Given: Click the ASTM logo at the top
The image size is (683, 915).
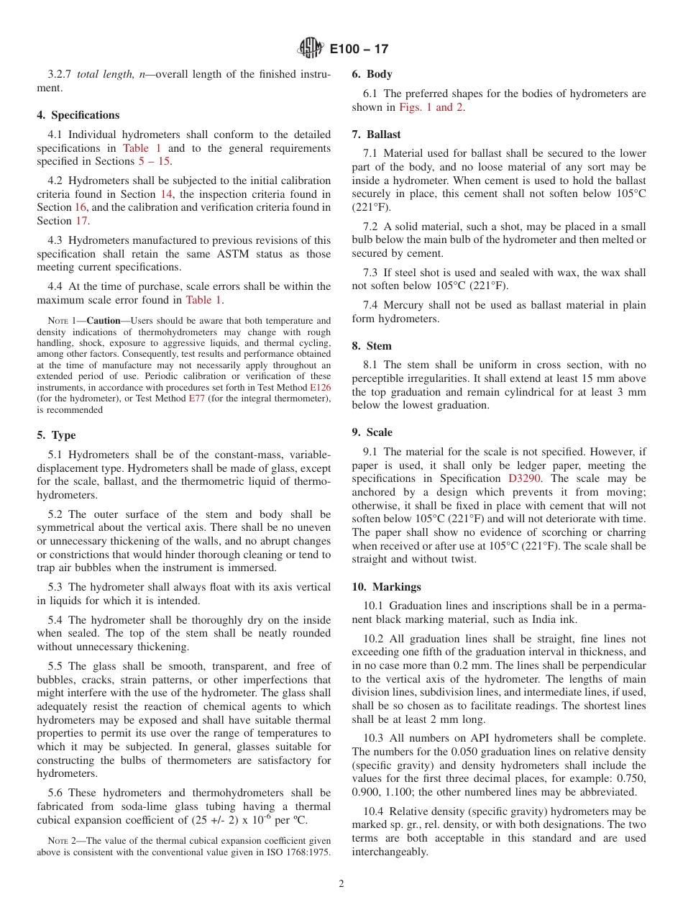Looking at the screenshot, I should (311, 49).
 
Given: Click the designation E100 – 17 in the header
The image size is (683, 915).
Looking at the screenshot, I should (359, 50).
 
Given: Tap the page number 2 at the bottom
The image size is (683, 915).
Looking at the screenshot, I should (341, 884).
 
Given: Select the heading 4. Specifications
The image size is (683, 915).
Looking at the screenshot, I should (78, 115).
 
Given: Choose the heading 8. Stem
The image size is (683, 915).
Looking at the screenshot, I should (372, 346).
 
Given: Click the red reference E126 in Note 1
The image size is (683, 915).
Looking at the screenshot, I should (320, 386).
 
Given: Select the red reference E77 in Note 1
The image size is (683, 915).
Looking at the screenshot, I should (197, 399).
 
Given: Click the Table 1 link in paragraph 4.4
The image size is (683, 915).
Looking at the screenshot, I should (203, 300).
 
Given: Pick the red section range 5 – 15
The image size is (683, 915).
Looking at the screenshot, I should (155, 161).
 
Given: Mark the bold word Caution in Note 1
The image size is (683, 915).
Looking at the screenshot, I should (104, 321).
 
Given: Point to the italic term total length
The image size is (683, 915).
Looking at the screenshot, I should (101, 74).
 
